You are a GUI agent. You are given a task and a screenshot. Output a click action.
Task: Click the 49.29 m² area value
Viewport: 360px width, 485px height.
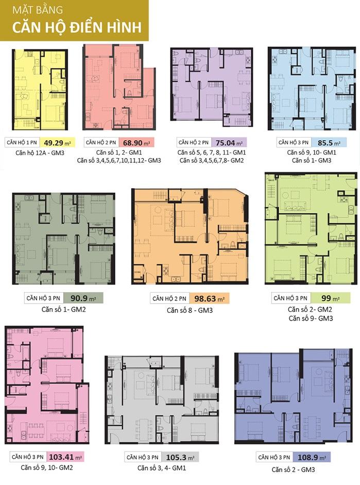tap(57, 143)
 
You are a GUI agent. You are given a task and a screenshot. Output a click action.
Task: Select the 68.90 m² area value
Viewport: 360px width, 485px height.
tap(136, 143)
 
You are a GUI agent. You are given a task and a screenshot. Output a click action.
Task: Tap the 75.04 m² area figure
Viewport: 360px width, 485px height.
tap(229, 143)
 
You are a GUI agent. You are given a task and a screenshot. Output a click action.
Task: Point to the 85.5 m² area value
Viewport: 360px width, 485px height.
tap(329, 143)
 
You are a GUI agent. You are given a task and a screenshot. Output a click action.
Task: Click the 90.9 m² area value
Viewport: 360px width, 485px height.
tap(83, 298)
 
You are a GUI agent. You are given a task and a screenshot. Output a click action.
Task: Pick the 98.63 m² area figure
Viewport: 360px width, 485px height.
tap(209, 299)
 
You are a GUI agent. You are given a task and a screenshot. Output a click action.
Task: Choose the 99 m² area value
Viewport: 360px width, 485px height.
tap(330, 298)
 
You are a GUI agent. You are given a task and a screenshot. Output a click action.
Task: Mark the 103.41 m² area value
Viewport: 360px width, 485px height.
tap(65, 457)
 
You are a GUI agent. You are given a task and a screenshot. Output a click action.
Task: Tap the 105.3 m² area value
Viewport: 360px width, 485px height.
tap(180, 457)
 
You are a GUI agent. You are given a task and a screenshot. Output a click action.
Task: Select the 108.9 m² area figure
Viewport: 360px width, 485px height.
tap(312, 457)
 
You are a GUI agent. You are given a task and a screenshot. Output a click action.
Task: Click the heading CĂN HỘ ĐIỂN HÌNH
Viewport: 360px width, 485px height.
tap(77, 27)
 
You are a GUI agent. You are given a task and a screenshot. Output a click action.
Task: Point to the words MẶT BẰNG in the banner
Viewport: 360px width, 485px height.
tap(38, 10)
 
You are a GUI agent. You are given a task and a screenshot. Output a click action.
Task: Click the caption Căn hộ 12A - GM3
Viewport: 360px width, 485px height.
tap(40, 153)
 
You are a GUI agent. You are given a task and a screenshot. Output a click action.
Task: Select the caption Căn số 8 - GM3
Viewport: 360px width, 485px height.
tap(190, 310)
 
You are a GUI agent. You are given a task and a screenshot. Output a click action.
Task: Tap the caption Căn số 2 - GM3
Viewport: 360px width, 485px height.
tap(293, 470)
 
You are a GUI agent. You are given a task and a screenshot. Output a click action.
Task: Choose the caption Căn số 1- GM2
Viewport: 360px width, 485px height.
tap(64, 309)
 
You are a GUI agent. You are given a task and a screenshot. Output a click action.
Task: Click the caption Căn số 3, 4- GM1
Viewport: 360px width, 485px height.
tap(162, 468)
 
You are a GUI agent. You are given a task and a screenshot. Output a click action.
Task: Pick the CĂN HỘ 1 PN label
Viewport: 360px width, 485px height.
tap(22, 143)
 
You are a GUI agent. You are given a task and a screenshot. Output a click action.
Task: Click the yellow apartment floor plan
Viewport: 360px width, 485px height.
tap(40, 90)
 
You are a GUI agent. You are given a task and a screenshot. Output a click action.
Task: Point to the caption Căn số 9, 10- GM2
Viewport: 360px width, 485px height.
tap(47, 467)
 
